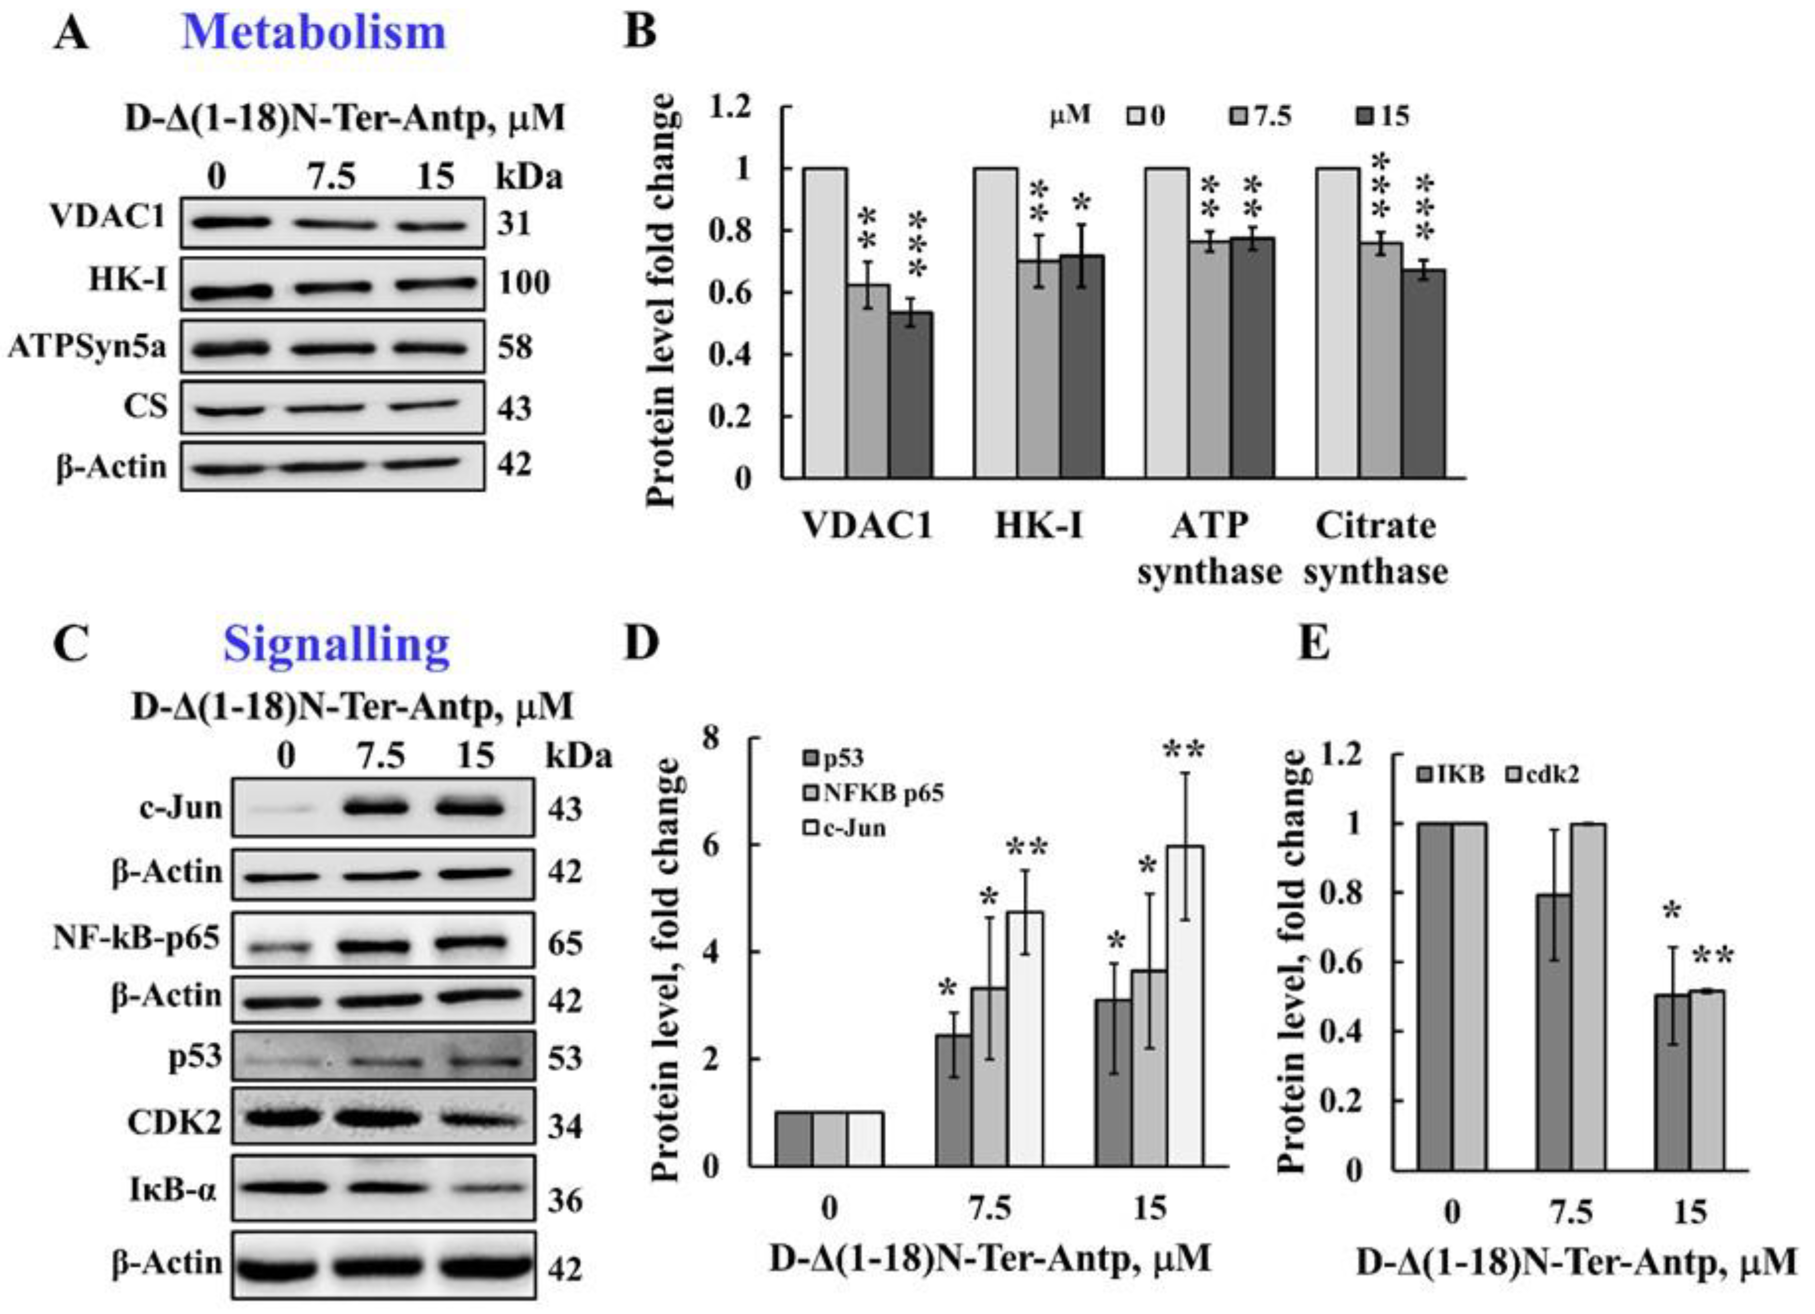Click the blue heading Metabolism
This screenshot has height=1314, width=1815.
pyautogui.click(x=314, y=34)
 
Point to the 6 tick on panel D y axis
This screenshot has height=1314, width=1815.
pyautogui.click(x=710, y=845)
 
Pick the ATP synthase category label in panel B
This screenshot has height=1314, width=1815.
pyautogui.click(x=1209, y=548)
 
